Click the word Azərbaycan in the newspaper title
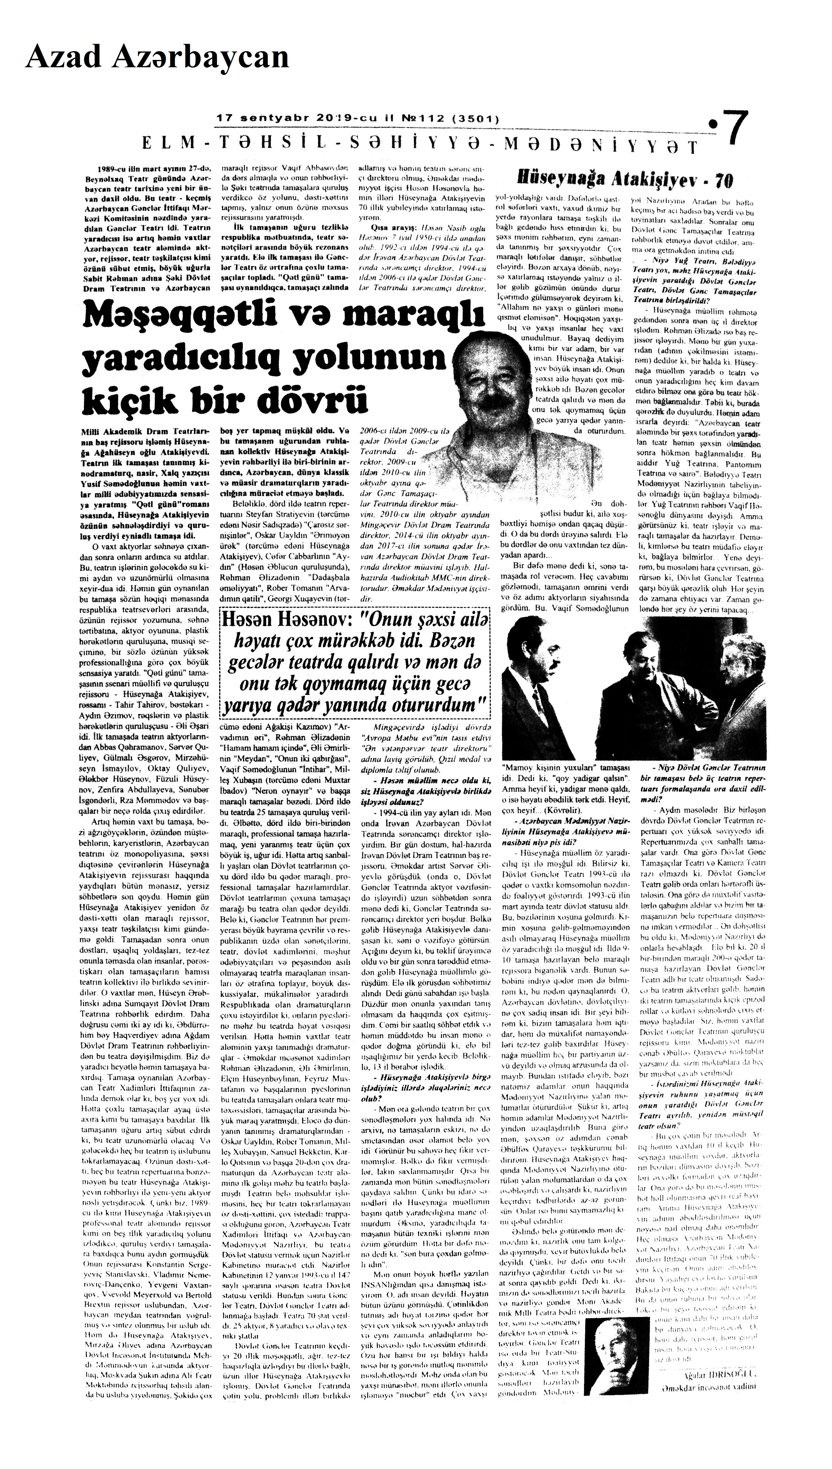click(200, 58)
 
